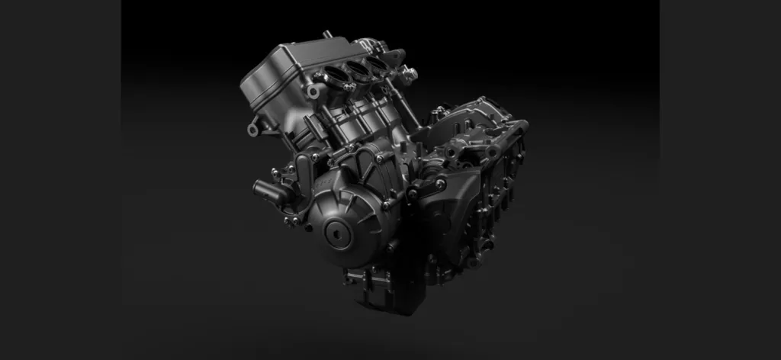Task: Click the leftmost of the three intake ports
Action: click(x=336, y=76)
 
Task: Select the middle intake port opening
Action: click(x=358, y=69)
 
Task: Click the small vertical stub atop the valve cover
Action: click(x=327, y=35)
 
